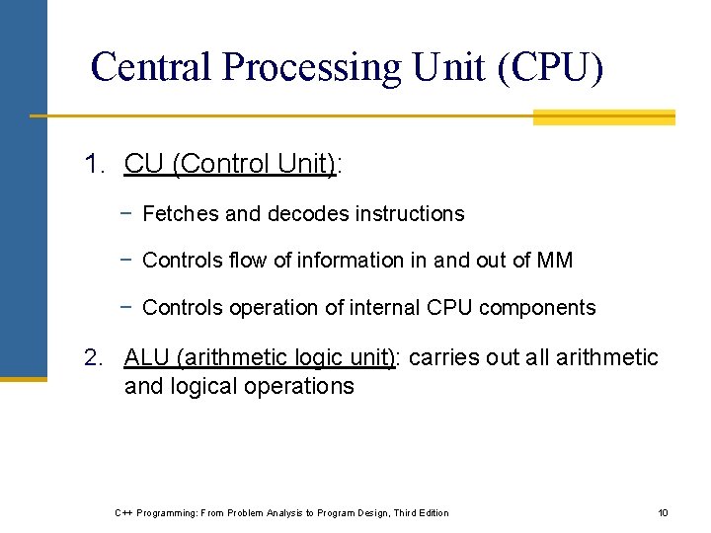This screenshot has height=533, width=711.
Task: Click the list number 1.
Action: click(x=94, y=165)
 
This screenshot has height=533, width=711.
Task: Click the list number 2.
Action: click(x=94, y=358)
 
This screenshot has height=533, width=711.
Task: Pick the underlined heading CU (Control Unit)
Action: click(x=230, y=165)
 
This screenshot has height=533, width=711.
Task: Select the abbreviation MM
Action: click(x=554, y=261)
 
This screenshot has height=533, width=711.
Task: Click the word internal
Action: click(x=386, y=308)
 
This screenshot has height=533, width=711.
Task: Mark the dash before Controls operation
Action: click(x=127, y=307)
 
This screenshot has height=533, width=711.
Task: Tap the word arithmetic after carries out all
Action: click(x=606, y=358)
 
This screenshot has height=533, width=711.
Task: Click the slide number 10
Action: click(x=663, y=512)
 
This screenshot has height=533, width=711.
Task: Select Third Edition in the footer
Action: click(x=421, y=512)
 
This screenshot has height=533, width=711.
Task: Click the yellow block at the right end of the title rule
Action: click(x=603, y=117)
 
